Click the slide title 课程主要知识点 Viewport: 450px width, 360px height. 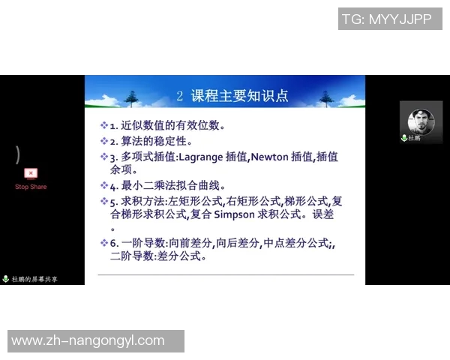click(x=240, y=95)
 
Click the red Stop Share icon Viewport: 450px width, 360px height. click(x=31, y=174)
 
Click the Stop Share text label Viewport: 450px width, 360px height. click(x=31, y=187)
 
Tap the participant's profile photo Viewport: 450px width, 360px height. click(x=421, y=120)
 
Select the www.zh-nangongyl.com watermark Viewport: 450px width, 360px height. click(x=88, y=340)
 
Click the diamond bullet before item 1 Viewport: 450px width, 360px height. click(x=104, y=125)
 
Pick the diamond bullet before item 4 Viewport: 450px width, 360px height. click(x=104, y=185)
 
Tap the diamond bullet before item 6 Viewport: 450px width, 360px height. click(x=104, y=242)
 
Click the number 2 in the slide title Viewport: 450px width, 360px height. click(x=180, y=95)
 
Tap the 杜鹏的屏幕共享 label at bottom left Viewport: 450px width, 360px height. click(x=34, y=279)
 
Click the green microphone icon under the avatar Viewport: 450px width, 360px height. click(x=404, y=138)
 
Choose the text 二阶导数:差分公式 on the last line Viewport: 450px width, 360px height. click(x=157, y=256)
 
